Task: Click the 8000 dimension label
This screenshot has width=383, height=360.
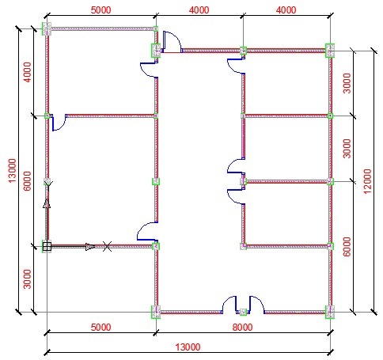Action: [242, 328]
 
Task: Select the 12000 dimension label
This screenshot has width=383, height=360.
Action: [367, 181]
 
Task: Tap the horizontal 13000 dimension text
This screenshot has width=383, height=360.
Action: [188, 347]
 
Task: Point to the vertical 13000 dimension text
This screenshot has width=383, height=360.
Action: [12, 170]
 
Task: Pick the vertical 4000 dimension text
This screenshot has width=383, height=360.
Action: [27, 72]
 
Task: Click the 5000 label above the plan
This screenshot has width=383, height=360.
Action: [100, 10]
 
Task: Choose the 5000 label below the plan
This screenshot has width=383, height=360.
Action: [100, 328]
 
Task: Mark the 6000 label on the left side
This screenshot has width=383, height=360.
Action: [27, 181]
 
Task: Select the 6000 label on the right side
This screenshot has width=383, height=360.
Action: [347, 247]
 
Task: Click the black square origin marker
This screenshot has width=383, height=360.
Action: [47, 247]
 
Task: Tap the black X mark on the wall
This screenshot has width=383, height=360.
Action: [107, 246]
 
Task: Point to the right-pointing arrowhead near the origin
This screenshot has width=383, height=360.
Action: [90, 247]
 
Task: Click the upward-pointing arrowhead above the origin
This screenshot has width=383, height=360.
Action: [47, 203]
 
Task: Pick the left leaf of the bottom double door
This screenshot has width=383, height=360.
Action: [229, 305]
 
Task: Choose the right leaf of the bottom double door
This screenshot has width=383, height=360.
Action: [256, 305]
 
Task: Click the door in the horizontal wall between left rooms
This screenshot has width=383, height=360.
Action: [59, 123]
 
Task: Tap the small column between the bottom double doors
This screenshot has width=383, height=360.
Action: [243, 312]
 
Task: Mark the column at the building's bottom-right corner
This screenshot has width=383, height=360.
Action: [330, 312]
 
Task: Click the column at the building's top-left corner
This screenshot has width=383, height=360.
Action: [47, 28]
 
